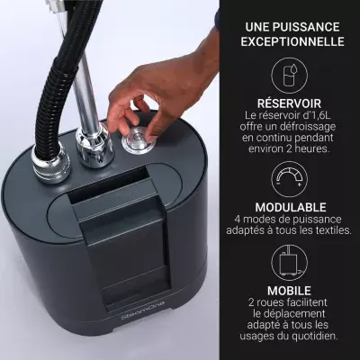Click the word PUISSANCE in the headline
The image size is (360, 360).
click(306, 27)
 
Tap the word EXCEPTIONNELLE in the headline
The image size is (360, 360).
click(292, 41)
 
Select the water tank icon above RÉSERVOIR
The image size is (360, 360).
click(289, 76)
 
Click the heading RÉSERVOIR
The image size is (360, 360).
click(289, 103)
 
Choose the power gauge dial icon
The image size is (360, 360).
click(289, 179)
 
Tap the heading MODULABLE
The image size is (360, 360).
click(291, 207)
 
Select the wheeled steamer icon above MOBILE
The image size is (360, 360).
click(289, 262)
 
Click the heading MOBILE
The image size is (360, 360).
click(289, 291)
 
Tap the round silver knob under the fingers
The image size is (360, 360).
click(139, 140)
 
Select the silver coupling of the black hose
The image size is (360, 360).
click(51, 164)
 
